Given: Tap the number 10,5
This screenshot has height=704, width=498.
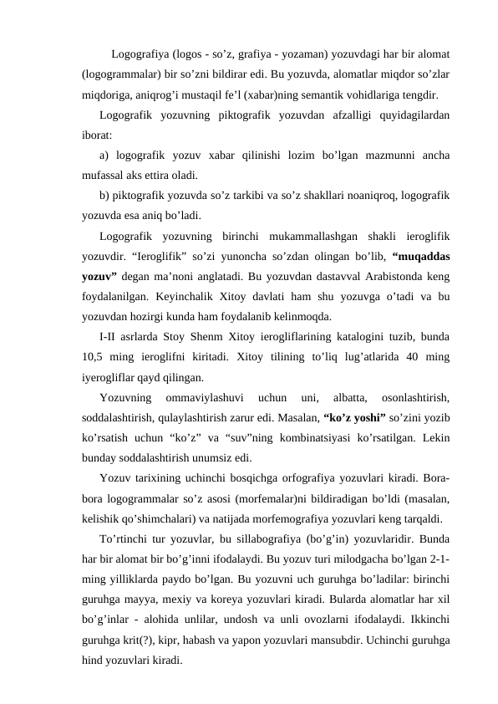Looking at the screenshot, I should click(95, 357).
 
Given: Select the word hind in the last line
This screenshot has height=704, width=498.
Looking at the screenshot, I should click(94, 659).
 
